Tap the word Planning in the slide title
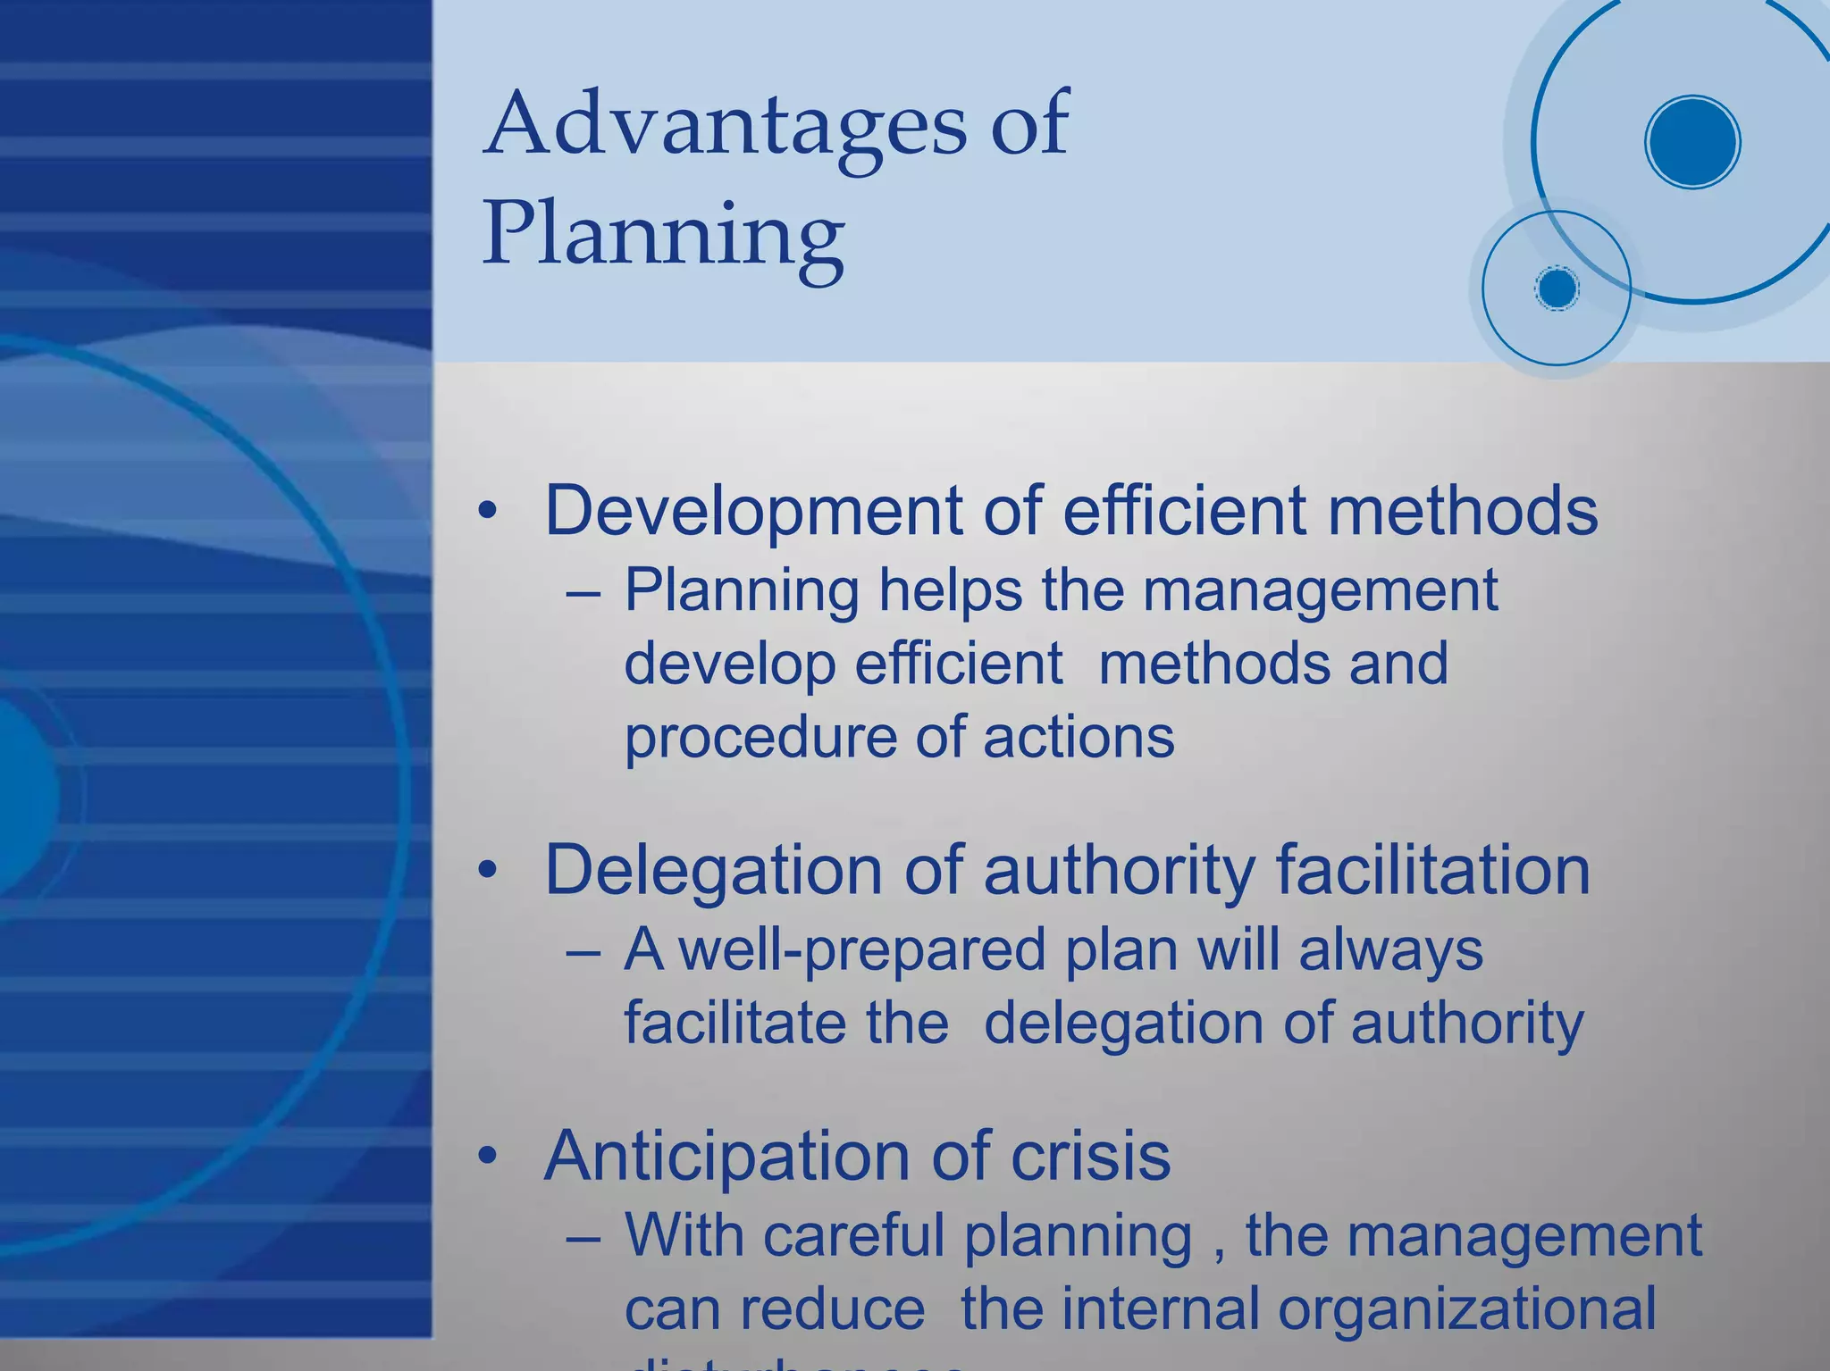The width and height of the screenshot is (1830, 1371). [x=663, y=235]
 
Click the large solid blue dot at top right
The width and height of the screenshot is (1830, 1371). [x=1691, y=142]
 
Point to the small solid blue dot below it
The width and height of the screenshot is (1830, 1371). [x=1557, y=288]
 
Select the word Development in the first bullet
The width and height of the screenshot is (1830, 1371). [x=753, y=511]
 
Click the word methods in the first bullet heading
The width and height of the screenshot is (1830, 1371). [x=1462, y=511]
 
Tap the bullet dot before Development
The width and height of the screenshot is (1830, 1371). [x=487, y=512]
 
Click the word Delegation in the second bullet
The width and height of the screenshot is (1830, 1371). [x=713, y=870]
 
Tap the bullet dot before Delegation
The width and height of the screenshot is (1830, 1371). [x=487, y=871]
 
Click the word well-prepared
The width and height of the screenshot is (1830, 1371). [x=861, y=949]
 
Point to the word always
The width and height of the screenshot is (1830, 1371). [x=1390, y=949]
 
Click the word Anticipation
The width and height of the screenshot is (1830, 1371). [x=726, y=1157]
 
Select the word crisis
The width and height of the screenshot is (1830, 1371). [x=1089, y=1157]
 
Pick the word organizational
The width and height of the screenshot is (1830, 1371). [x=1466, y=1309]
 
